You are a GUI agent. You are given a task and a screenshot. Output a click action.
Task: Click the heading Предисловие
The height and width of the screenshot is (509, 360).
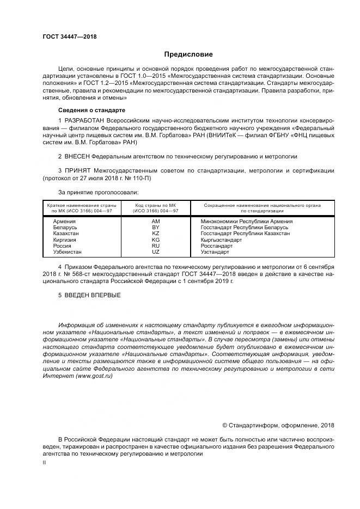click(x=188, y=54)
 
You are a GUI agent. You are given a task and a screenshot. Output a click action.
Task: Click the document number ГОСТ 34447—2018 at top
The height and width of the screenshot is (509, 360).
click(x=69, y=36)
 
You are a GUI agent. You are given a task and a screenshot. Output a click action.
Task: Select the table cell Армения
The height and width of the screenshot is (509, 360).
click(x=64, y=222)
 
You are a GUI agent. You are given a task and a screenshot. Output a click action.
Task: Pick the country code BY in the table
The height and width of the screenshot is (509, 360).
click(x=156, y=228)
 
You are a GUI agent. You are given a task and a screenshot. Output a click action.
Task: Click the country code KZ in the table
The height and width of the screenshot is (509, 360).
click(x=156, y=234)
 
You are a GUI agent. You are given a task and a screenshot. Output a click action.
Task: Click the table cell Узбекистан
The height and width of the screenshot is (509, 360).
click(x=68, y=252)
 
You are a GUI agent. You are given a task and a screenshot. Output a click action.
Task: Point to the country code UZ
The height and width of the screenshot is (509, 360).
click(x=156, y=252)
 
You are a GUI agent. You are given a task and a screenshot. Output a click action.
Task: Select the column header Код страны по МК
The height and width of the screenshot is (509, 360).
click(x=156, y=206)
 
